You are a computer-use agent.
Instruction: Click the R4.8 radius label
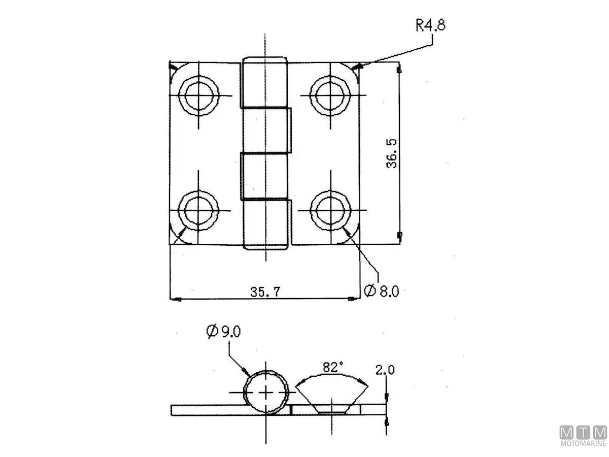(430, 25)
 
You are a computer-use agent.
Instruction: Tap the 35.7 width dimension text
(265, 291)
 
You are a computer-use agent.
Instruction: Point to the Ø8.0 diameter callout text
(382, 291)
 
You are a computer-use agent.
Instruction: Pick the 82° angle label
(332, 367)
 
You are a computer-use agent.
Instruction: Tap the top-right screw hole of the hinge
(331, 95)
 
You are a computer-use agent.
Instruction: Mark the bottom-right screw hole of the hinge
(331, 210)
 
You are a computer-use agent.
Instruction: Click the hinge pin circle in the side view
(266, 393)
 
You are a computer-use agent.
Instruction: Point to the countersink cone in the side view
(332, 396)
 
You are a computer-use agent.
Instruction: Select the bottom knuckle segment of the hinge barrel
(265, 223)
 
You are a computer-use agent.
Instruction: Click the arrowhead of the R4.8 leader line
(358, 66)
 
